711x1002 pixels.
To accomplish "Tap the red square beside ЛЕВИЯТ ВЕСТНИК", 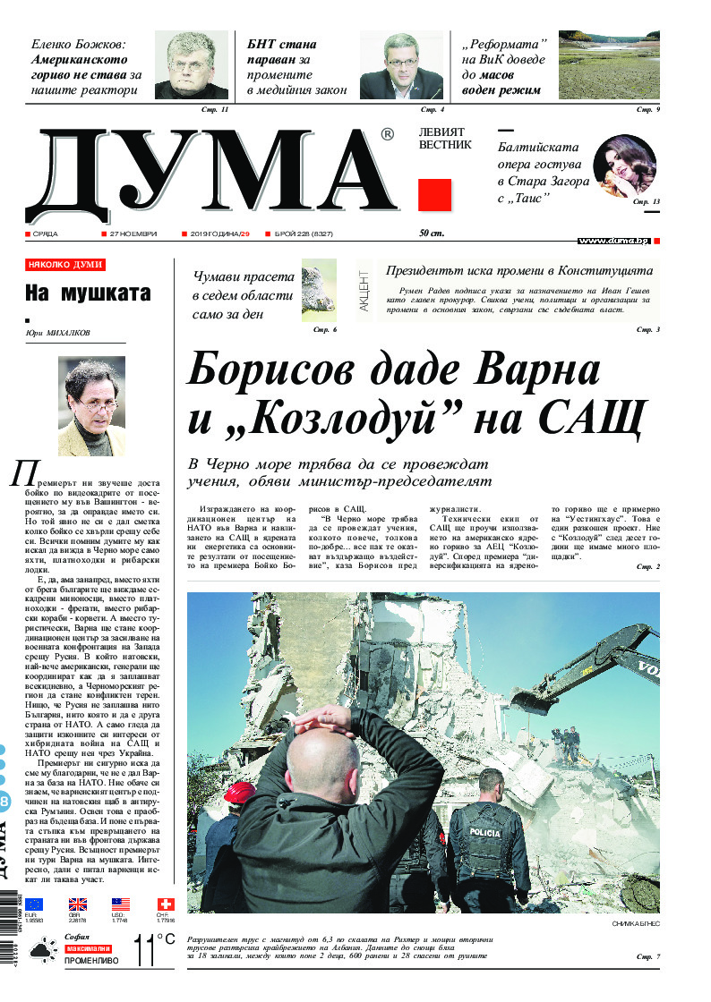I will [x=434, y=195].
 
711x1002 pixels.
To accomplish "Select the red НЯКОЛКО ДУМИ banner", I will [x=65, y=265].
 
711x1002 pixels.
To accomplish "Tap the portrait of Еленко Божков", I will [x=192, y=65].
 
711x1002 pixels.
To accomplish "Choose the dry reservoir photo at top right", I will [x=609, y=65].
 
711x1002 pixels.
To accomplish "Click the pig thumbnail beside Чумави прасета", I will [x=319, y=290].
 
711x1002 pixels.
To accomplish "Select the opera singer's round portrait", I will [x=624, y=166].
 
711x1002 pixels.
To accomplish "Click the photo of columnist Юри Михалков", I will [x=91, y=405].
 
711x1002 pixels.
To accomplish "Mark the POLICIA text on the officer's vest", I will [x=484, y=832].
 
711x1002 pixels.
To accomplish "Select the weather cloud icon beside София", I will [x=40, y=950].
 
